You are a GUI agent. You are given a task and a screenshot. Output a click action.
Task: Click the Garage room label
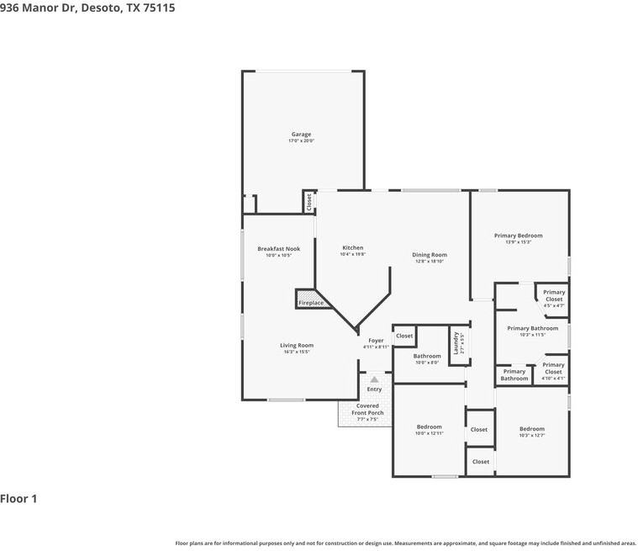301,135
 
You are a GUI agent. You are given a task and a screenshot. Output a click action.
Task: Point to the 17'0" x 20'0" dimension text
301,141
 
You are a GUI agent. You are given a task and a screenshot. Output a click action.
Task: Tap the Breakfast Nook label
278,248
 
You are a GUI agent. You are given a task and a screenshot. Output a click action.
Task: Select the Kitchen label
352,247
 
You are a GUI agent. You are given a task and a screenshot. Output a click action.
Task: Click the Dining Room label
429,255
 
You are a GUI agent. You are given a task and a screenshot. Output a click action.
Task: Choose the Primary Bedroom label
518,236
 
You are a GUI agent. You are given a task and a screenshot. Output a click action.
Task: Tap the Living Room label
297,345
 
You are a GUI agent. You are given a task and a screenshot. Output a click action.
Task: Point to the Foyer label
376,341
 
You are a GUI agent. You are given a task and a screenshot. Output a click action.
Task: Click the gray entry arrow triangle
374,379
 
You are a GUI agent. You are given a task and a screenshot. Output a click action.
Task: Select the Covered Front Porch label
367,409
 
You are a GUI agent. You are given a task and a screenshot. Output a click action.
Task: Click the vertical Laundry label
456,342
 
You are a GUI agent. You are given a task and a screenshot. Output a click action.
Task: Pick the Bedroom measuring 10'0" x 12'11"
429,427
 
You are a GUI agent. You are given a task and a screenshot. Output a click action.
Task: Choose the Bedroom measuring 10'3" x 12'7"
531,429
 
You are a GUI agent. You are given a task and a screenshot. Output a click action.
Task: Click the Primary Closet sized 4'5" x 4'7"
553,295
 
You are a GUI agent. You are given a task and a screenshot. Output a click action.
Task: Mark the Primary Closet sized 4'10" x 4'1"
553,368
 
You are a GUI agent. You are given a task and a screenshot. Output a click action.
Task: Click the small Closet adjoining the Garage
308,201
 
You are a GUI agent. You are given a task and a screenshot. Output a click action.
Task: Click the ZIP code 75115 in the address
160,7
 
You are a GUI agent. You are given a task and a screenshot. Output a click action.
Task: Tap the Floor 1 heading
18,499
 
